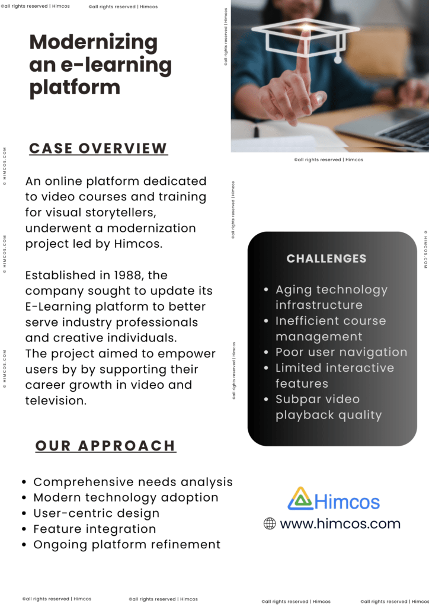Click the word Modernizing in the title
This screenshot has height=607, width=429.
tap(93, 43)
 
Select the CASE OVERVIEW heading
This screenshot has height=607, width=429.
tap(98, 148)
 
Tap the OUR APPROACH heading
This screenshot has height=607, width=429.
tap(105, 446)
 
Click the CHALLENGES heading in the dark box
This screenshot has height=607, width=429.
tap(326, 258)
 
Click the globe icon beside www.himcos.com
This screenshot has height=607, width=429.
tap(270, 523)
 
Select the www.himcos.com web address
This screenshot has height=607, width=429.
tap(340, 523)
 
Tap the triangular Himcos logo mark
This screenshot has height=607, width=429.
tap(300, 499)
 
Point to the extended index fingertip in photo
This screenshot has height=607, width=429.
tap(306, 34)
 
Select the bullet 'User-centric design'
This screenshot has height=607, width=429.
tap(96, 513)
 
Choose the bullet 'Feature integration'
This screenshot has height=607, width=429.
tap(94, 529)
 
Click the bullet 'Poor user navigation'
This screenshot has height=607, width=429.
tap(341, 352)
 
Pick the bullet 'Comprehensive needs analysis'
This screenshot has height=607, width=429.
tap(133, 482)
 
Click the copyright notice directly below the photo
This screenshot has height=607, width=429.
tap(328, 159)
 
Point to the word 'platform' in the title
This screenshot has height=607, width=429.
tap(75, 87)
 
